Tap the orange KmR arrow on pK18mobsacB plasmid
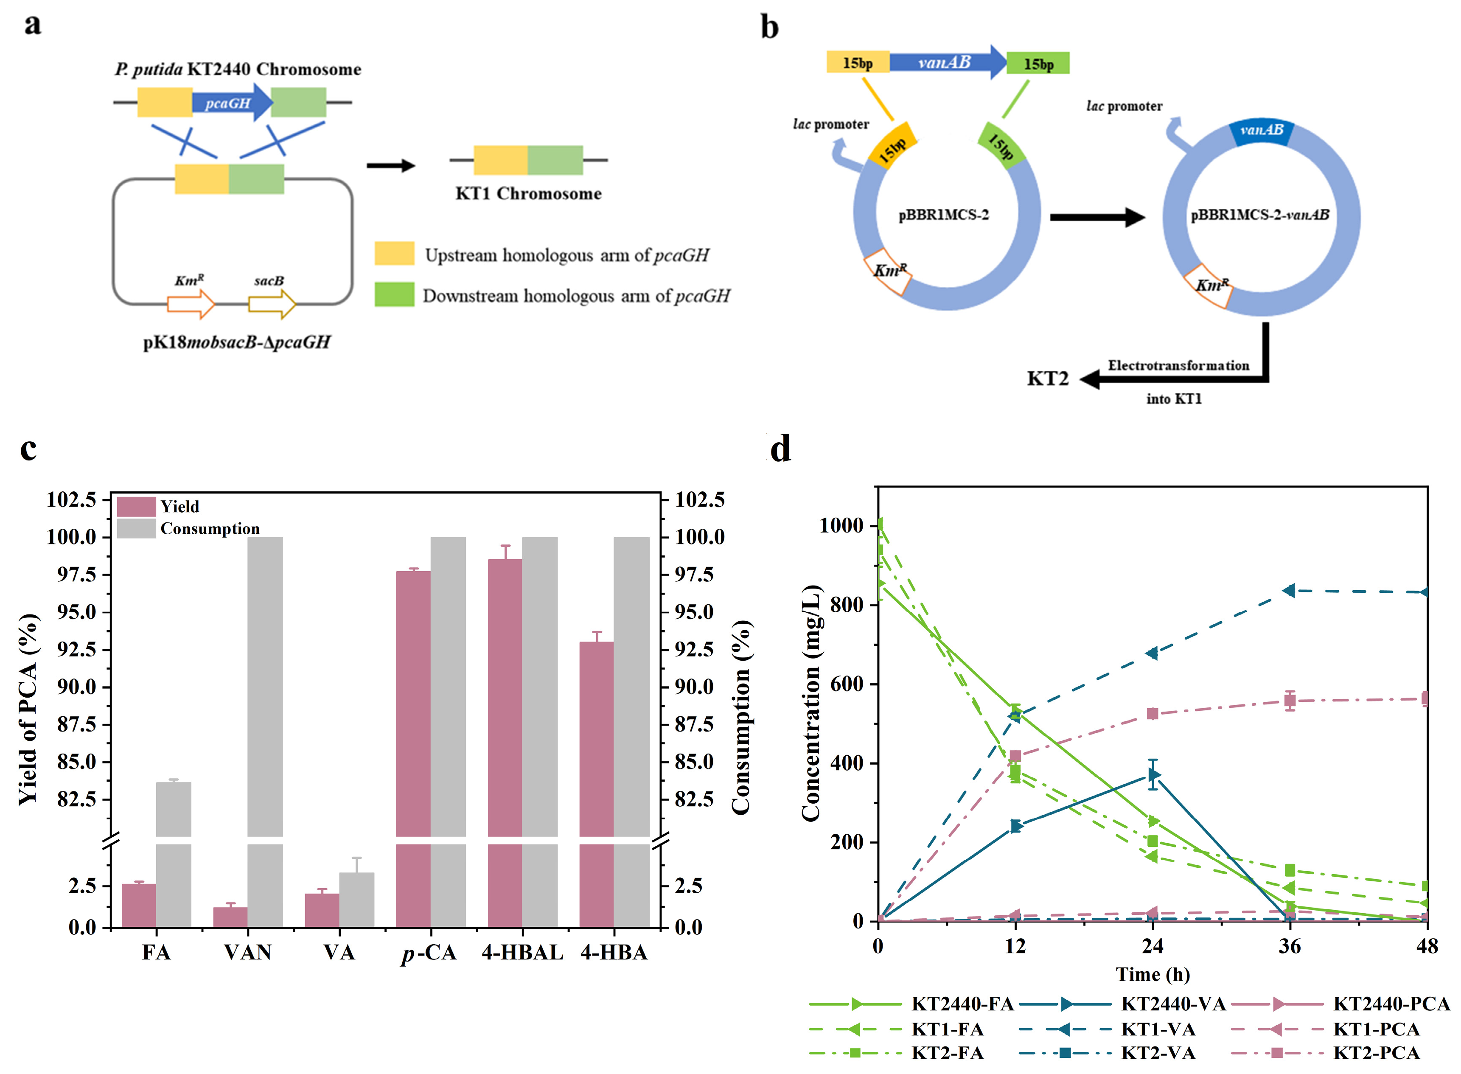pyautogui.click(x=191, y=303)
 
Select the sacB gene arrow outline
pyautogui.click(x=272, y=303)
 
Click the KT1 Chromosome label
pyautogui.click(x=528, y=194)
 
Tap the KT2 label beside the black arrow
pyautogui.click(x=1047, y=379)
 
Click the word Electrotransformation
pyautogui.click(x=1178, y=365)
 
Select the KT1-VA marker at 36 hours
pyautogui.click(x=1289, y=590)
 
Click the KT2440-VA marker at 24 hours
pyautogui.click(x=1153, y=774)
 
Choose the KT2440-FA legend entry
pyautogui.click(x=962, y=1004)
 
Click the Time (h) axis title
pyautogui.click(x=1152, y=975)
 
